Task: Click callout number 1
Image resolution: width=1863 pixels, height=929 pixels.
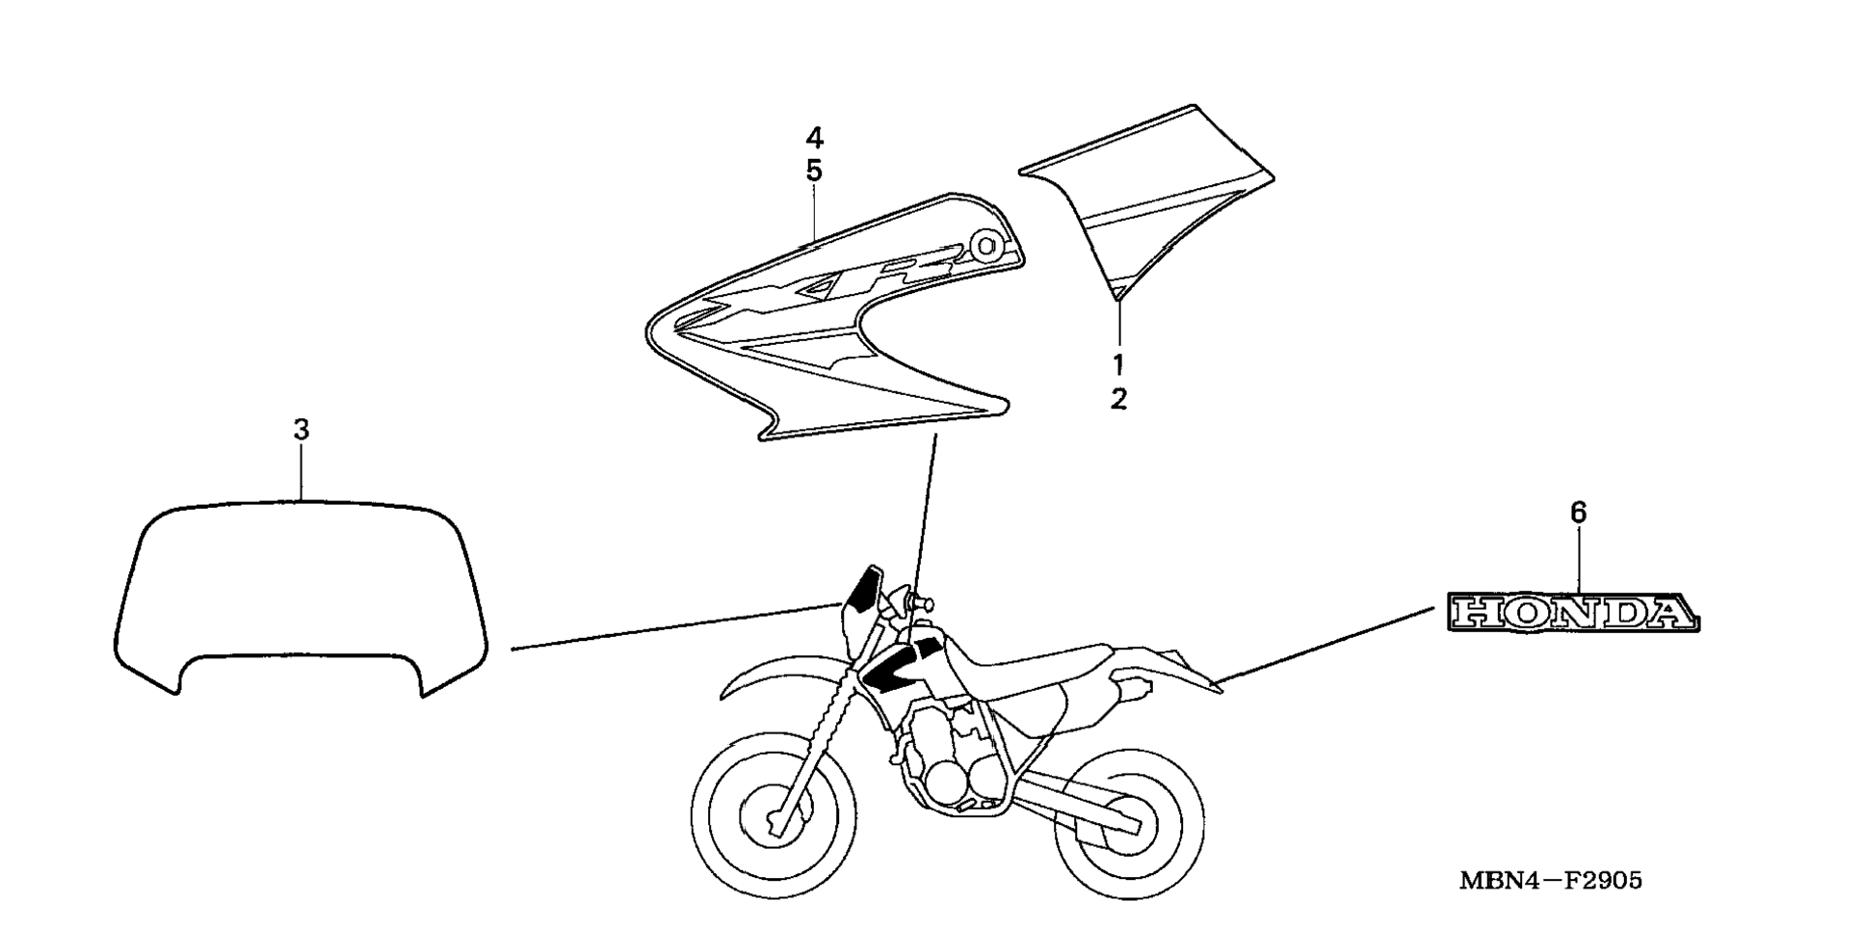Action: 1118,365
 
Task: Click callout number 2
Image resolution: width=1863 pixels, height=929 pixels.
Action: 1118,399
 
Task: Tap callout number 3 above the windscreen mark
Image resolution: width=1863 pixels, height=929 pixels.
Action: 302,430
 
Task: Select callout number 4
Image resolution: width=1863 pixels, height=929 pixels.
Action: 814,138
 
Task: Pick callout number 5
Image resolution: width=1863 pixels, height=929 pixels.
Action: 814,172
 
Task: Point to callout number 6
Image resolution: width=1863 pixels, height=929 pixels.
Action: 1578,513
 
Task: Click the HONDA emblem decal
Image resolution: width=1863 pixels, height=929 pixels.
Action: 1573,613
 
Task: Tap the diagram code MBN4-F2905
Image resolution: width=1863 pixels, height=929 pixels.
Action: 1550,880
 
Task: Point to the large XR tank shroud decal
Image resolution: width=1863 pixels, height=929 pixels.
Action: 828,318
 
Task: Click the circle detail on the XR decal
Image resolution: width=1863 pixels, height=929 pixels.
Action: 985,246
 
